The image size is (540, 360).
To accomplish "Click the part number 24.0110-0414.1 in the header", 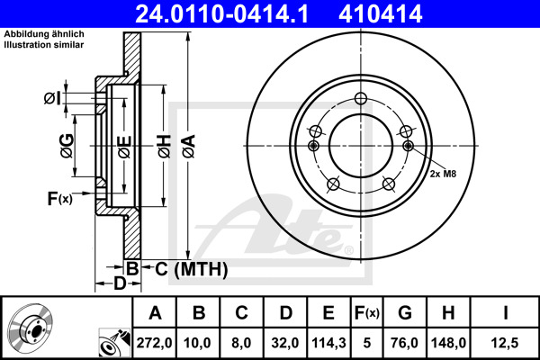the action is (x=221, y=14).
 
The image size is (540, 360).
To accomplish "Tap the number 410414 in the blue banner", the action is (x=380, y=14).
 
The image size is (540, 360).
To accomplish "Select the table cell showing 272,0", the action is (x=154, y=343).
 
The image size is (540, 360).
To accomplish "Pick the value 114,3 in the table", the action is (x=328, y=343).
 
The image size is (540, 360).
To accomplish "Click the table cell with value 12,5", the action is (x=505, y=343).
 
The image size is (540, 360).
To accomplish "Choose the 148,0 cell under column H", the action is (x=448, y=343).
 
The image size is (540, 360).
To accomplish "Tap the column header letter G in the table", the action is (x=405, y=312).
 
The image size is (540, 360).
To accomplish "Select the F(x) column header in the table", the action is (x=367, y=313).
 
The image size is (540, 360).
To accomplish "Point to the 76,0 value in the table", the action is (x=405, y=343).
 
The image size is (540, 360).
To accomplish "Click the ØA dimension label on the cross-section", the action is (x=189, y=146).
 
